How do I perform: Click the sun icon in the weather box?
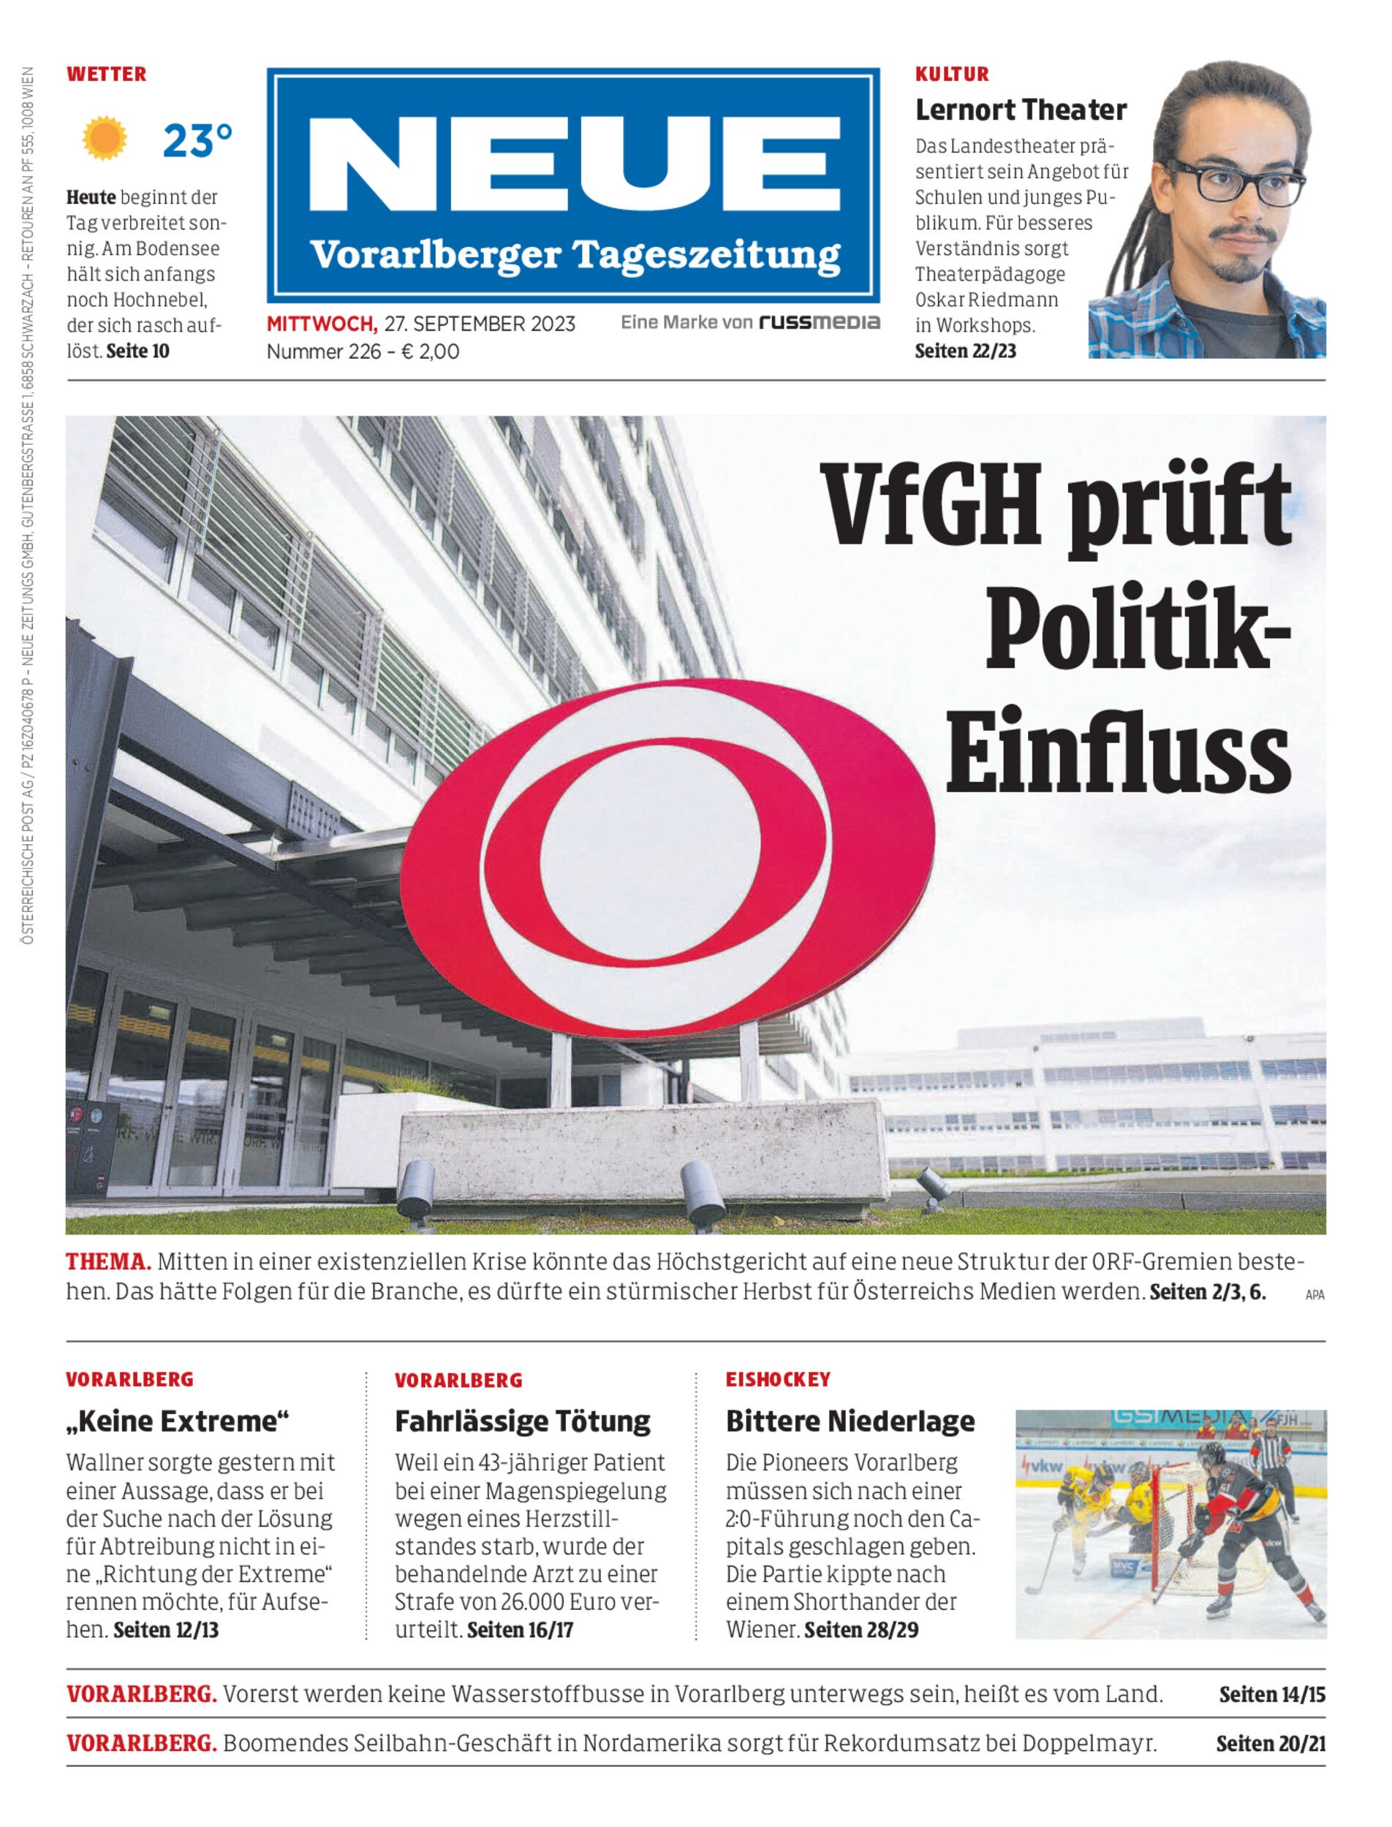(x=105, y=139)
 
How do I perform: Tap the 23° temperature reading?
(x=197, y=141)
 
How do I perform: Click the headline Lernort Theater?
(x=1020, y=110)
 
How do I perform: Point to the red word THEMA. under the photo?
(x=108, y=1262)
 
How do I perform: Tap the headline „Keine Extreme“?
(x=178, y=1421)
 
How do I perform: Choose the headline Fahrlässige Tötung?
(x=523, y=1421)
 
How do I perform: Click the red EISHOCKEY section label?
(x=778, y=1380)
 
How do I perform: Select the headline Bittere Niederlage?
(x=850, y=1421)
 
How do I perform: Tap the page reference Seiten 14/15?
(x=1272, y=1695)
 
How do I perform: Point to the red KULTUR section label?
(x=952, y=75)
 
